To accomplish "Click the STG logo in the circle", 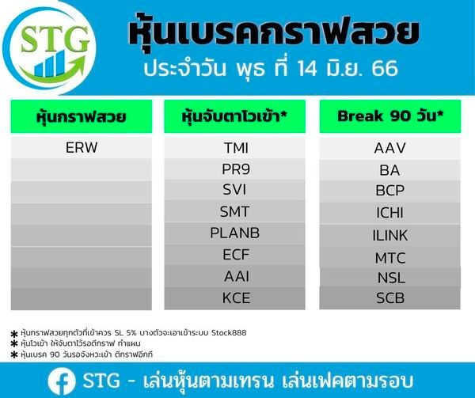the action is coord(49,48).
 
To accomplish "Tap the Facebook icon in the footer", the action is coord(62,381).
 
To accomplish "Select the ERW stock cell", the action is coord(82,147).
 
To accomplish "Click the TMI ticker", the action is coord(236,148).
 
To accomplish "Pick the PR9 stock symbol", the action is coord(236,169).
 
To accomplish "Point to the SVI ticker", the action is coord(234,190).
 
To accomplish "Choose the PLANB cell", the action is coord(235,233).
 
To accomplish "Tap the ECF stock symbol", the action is coord(236,254).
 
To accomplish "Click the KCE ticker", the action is coord(236,298).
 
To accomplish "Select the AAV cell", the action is coord(389,148).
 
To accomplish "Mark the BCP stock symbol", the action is coord(389,191).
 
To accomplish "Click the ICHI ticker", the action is coord(389,213).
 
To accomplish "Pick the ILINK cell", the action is coord(390,236).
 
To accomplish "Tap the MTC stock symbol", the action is coord(390,258).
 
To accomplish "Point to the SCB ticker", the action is coord(390,298).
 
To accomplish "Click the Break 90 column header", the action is coord(390,116).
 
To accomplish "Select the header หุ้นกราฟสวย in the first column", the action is coord(82,116).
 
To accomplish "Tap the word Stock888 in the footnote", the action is coord(229,333).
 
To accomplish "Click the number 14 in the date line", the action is coord(307,68).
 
